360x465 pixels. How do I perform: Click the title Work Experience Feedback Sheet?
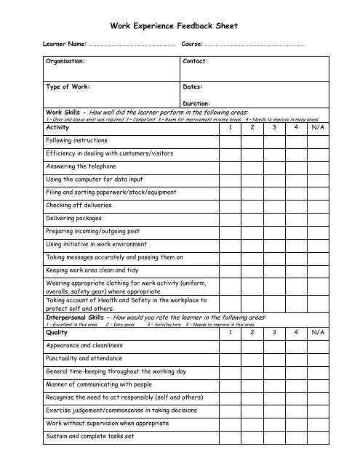tap(178, 25)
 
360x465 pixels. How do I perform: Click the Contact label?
tap(196, 62)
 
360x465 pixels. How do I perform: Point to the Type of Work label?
tap(67, 86)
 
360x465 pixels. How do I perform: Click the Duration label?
tap(197, 104)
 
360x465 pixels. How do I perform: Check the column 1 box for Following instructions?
tap(231, 140)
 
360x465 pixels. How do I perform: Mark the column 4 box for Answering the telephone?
tap(297, 166)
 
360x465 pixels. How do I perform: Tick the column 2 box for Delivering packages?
tap(252, 218)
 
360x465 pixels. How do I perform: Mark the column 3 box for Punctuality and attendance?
tap(275, 358)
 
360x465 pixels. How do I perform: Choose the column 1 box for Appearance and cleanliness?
tap(231, 345)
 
